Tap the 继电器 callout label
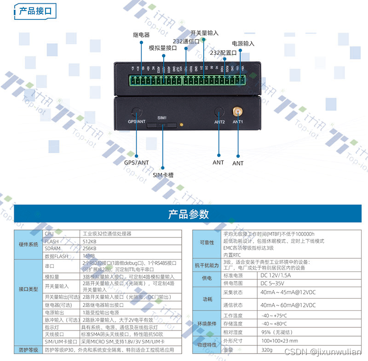pyautogui.click(x=141, y=35)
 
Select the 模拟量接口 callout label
pyautogui.click(x=163, y=47)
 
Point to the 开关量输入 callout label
pyautogui.click(x=204, y=33)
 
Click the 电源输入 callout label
pyautogui.click(x=243, y=44)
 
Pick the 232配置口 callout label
pyautogui.click(x=223, y=53)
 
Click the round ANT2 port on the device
pyautogui.click(x=219, y=112)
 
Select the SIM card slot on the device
pyautogui.click(x=162, y=124)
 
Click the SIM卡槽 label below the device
pyautogui.click(x=163, y=175)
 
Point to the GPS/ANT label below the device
pyautogui.click(x=137, y=162)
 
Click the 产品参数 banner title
pyautogui.click(x=188, y=214)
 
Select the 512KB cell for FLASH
pyautogui.click(x=90, y=241)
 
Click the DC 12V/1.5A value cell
pyautogui.click(x=275, y=275)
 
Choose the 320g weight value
pyautogui.click(x=267, y=350)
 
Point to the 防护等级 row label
pyautogui.click(x=29, y=350)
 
